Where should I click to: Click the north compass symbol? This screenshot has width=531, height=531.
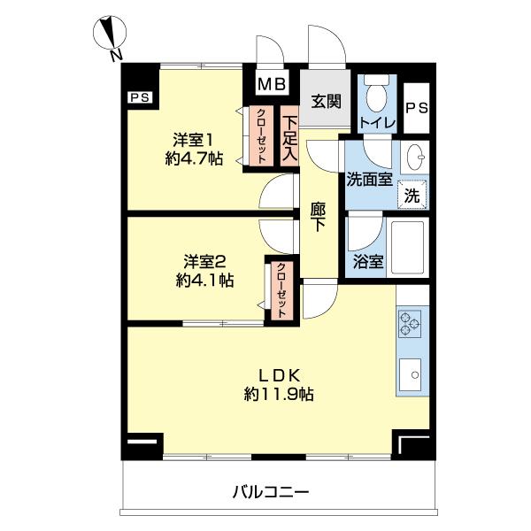pyautogui.click(x=110, y=34)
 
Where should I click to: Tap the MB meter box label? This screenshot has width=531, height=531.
pyautogui.click(x=272, y=84)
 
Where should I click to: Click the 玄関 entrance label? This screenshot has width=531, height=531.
pyautogui.click(x=326, y=101)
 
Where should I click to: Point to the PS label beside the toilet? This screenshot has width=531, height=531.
pyautogui.click(x=417, y=108)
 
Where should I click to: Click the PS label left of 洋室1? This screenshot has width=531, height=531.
pyautogui.click(x=140, y=97)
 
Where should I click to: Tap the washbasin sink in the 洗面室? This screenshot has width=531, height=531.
pyautogui.click(x=415, y=158)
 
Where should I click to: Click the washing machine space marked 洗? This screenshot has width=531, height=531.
pyautogui.click(x=412, y=195)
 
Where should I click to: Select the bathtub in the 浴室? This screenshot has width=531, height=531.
pyautogui.click(x=407, y=247)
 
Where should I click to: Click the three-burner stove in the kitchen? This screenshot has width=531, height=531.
pyautogui.click(x=410, y=323)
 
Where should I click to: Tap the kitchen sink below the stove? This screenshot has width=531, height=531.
pyautogui.click(x=411, y=374)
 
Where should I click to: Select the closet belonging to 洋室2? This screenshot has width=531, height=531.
pyautogui.click(x=281, y=290)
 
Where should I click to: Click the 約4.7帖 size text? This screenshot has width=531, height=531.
pyautogui.click(x=194, y=158)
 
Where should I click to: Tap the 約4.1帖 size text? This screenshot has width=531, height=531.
pyautogui.click(x=205, y=281)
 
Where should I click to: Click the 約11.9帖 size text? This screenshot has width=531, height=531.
pyautogui.click(x=279, y=394)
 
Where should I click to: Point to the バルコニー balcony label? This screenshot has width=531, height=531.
pyautogui.click(x=271, y=492)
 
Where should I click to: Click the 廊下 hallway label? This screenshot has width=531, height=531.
pyautogui.click(x=318, y=217)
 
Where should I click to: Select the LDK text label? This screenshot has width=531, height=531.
pyautogui.click(x=280, y=375)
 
